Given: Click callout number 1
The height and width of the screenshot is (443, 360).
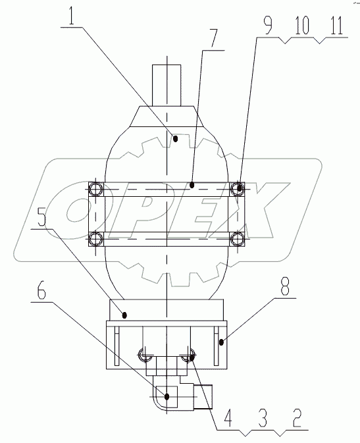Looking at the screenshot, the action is (72, 16).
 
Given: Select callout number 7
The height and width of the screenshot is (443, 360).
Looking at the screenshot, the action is (214, 38).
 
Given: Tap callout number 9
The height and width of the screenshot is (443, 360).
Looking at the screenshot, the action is (267, 26).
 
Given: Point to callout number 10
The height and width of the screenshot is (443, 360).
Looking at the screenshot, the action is (302, 26).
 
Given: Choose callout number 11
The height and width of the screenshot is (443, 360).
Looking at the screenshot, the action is (336, 26).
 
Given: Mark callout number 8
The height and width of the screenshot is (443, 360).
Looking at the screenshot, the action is (284, 286).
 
